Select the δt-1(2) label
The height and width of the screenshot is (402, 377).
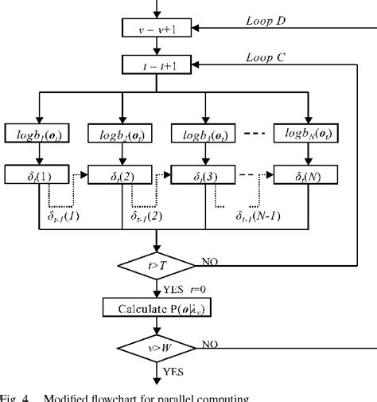[147, 215]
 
